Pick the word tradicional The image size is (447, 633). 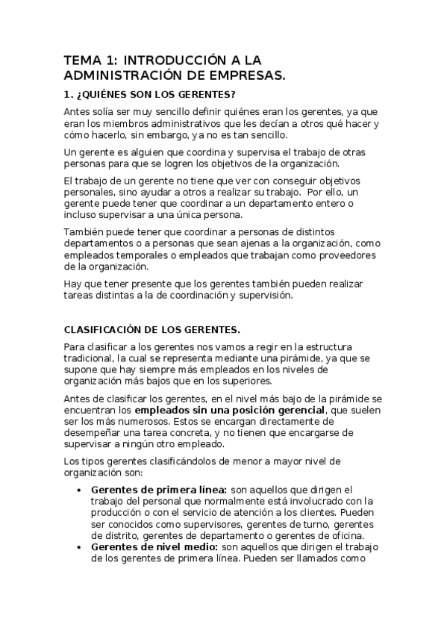89,359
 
